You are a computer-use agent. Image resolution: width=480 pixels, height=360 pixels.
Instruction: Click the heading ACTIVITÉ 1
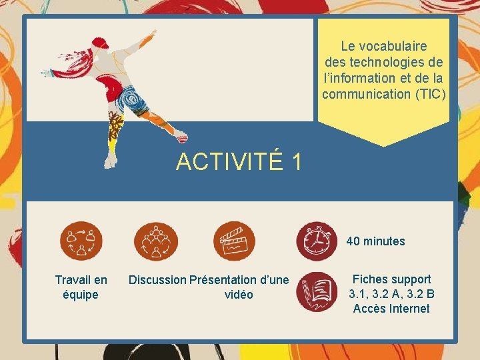point(239,162)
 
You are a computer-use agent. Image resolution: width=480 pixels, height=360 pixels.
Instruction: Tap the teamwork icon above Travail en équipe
point(81,241)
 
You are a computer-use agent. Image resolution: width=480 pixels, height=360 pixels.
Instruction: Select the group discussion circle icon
point(156,241)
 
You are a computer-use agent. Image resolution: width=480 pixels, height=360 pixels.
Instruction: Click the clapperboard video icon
point(234,241)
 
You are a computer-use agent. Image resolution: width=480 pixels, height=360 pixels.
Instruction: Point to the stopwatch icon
point(317,241)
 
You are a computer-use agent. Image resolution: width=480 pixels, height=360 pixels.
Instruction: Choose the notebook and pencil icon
point(317,292)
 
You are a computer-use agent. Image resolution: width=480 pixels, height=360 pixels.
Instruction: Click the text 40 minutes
point(375,241)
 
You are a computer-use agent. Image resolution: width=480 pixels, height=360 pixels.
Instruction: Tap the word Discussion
point(158,280)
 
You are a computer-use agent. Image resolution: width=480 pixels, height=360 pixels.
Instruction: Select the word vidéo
point(239,295)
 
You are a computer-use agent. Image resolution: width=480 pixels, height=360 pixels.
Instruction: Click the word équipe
point(81,295)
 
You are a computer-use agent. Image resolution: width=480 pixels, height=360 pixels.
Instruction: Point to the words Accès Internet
point(391,309)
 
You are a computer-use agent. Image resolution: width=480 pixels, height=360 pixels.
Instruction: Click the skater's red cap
point(99,43)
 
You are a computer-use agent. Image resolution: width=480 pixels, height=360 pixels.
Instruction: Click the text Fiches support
point(391,279)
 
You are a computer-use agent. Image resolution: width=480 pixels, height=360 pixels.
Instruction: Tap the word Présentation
point(223,280)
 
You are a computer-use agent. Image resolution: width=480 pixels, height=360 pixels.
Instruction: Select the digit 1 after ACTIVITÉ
point(297,162)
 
